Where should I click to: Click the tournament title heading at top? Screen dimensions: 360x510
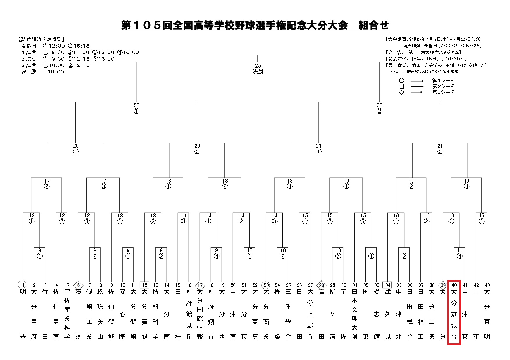tap(255, 26)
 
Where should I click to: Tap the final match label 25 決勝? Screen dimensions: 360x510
tap(258, 69)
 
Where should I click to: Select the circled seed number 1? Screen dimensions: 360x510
tap(23, 285)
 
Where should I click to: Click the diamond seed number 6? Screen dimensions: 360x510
tap(78, 285)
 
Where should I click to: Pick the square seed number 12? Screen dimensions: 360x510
tap(144, 285)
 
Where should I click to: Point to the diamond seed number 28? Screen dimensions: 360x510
tap(321, 285)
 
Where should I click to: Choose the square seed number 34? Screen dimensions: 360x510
tap(388, 285)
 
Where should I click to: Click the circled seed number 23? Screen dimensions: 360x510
tap(266, 285)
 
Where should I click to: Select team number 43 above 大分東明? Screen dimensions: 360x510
tap(487, 285)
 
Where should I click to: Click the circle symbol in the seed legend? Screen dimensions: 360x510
tap(402, 80)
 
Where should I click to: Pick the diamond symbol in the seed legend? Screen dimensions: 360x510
tap(402, 92)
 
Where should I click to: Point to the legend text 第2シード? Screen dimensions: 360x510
tap(443, 87)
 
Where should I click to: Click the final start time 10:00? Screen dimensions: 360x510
tap(56, 72)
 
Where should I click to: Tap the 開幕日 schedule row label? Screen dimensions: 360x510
tap(29, 46)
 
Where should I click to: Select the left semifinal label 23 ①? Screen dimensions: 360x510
tap(136, 108)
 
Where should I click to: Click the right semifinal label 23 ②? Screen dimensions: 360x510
tap(379, 108)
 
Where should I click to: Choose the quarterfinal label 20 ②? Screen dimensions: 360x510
tap(197, 149)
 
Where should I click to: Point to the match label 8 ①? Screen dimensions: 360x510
tap(40, 253)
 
